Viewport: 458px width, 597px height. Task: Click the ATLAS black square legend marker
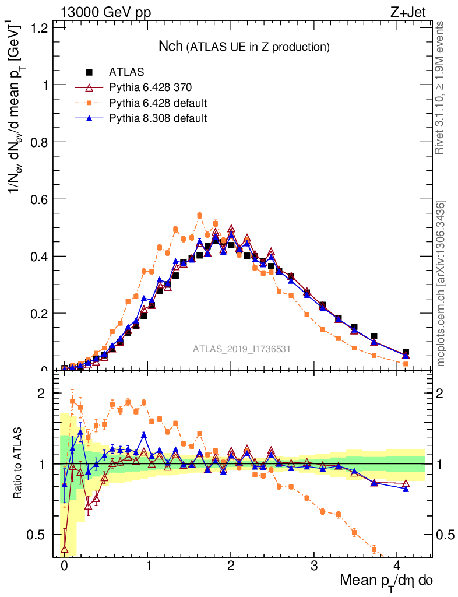89,73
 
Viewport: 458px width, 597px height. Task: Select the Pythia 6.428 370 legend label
150,88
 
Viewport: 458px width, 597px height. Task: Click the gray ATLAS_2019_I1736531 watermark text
242,349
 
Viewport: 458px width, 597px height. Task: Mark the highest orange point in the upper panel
199,215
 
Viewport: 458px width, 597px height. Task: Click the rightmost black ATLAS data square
406,352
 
